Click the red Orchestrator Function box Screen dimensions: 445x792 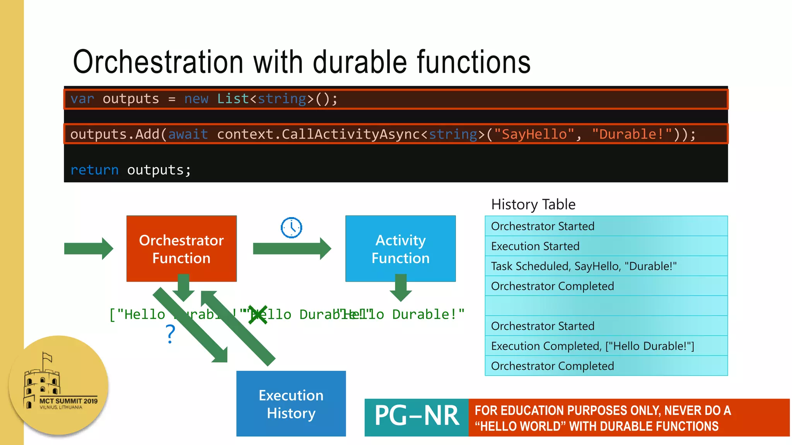coord(181,248)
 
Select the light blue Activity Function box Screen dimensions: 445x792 coord(400,248)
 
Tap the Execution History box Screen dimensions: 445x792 coord(291,404)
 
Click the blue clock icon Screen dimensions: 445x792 coord(291,228)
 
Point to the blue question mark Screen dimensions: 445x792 coord(170,334)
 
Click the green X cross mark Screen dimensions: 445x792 coord(258,315)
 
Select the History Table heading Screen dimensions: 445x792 coord(533,204)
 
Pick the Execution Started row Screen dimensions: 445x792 coord(606,246)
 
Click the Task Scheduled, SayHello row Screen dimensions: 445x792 coord(606,266)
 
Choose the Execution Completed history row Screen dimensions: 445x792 coord(606,346)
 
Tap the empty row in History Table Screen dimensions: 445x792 coord(606,306)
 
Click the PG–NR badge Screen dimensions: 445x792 coord(416,417)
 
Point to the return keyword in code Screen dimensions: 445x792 coord(94,170)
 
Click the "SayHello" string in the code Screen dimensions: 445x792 coord(534,134)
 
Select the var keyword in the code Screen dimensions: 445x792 coord(82,99)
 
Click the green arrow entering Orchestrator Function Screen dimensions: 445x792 coord(89,248)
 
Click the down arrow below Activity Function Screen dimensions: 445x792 coord(401,288)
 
